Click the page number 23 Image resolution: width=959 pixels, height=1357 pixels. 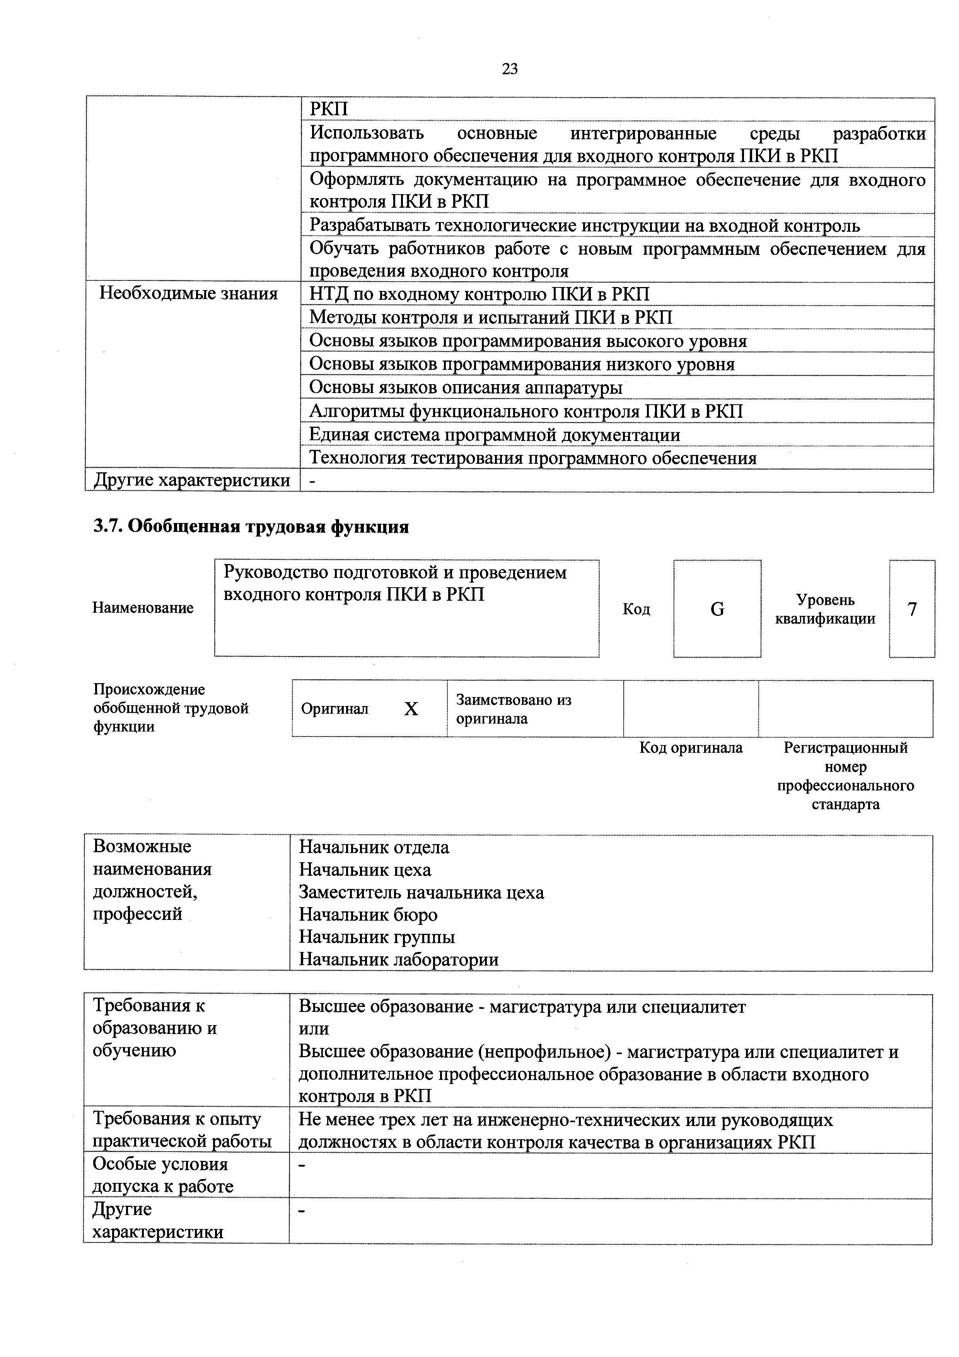[x=509, y=70]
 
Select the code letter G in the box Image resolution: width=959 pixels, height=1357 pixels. [x=717, y=609]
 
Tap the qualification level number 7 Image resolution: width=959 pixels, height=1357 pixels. [x=912, y=609]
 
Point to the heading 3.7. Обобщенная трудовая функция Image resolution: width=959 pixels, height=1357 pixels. [x=251, y=526]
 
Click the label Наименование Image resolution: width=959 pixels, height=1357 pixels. [x=143, y=608]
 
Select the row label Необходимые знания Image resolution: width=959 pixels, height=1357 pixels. [x=188, y=294]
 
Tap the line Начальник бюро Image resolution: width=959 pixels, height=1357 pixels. [x=368, y=915]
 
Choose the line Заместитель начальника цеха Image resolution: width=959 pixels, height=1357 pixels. [x=421, y=892]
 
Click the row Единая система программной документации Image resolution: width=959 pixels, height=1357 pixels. [x=495, y=435]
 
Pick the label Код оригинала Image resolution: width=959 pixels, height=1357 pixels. [x=691, y=748]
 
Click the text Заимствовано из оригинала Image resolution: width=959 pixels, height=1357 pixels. [x=514, y=709]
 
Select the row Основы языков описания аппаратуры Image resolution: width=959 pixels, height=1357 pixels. [x=466, y=388]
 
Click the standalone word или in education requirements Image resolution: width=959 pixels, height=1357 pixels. [x=314, y=1029]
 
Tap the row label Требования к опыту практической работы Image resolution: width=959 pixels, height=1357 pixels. [x=182, y=1130]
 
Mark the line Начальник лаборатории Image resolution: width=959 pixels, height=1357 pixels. [x=399, y=960]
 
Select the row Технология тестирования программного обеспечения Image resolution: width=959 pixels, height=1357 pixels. [x=533, y=458]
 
